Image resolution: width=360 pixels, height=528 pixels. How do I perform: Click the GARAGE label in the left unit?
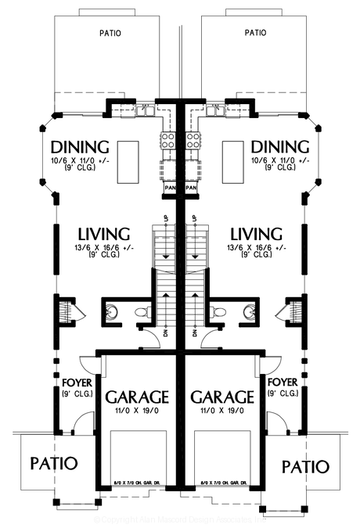tap(138, 395)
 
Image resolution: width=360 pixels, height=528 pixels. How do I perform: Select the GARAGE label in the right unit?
tap(223, 395)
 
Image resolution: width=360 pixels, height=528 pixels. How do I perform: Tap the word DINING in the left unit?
tap(79, 147)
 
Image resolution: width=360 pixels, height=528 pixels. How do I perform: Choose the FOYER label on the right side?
tap(283, 383)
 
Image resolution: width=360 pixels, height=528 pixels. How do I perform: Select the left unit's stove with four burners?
tap(167, 141)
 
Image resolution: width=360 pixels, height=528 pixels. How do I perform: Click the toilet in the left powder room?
tap(142, 312)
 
